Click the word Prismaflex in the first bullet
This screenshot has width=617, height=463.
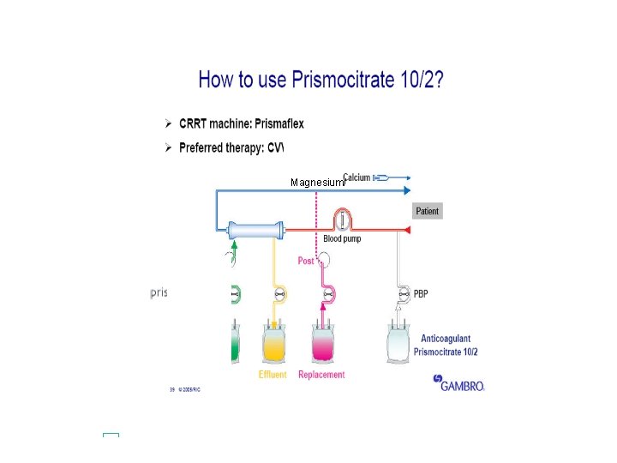point(277,123)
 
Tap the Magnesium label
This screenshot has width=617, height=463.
point(316,183)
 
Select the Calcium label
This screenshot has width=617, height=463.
point(356,177)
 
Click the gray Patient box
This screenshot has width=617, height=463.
point(427,211)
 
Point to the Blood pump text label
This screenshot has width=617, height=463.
point(342,238)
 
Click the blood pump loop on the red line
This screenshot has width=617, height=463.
point(343,220)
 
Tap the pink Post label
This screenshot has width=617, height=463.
point(305,261)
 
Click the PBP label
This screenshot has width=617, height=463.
point(421,294)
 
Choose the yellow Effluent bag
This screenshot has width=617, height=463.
point(274,343)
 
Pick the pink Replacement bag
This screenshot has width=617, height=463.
point(322,343)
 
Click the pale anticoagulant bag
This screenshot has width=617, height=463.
point(400,345)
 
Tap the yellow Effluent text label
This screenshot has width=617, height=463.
point(273,375)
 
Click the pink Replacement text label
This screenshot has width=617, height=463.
point(321,375)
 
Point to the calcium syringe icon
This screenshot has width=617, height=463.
point(382,177)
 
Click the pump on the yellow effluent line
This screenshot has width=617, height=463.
point(279,294)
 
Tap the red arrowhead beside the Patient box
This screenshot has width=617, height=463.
point(408,230)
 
